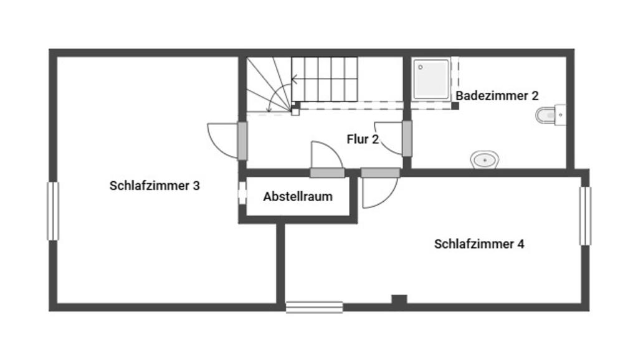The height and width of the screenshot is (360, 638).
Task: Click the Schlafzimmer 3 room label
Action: point(155,186)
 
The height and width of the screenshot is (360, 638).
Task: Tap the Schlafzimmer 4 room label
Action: point(478,244)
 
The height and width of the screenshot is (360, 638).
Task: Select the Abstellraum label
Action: point(298,197)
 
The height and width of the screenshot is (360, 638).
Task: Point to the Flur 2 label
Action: point(363,140)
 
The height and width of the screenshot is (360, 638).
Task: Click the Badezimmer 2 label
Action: point(497,96)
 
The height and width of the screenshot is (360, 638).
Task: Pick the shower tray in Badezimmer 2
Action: point(431,79)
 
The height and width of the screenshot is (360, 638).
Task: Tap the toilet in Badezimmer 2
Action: point(548,115)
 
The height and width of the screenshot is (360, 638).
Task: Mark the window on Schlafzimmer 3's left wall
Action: point(53,211)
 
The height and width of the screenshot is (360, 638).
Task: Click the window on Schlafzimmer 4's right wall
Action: point(585,216)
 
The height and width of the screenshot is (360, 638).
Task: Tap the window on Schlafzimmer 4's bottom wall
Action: point(314,306)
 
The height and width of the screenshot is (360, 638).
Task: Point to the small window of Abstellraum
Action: point(241,192)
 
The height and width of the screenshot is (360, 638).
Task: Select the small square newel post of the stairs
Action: point(296,111)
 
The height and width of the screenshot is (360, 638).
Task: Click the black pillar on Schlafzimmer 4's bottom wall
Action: point(399,300)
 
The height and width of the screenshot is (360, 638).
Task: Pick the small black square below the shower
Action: point(455,106)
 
